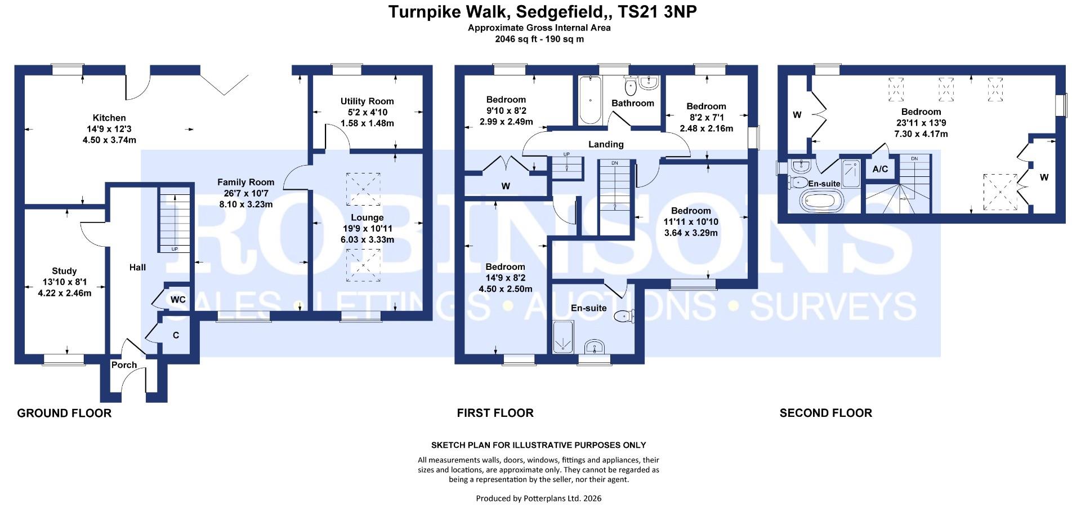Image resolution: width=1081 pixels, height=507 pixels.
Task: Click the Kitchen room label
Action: (109, 118)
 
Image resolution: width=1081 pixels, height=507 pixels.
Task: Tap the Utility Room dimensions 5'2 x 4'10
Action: (367, 112)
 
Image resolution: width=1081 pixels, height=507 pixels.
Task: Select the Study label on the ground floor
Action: (64, 271)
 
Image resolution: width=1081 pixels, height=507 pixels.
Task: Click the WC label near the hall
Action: (178, 300)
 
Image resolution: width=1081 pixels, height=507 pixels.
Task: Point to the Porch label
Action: (124, 365)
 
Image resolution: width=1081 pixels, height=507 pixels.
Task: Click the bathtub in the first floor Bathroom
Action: (590, 100)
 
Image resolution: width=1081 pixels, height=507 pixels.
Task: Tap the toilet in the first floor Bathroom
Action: (630, 87)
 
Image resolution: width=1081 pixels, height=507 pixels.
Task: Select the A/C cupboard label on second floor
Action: (880, 169)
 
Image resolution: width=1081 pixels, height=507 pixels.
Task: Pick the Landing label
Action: (606, 144)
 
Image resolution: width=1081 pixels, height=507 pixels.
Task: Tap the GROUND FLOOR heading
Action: (64, 413)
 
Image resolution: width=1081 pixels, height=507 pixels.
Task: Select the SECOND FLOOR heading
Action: (825, 413)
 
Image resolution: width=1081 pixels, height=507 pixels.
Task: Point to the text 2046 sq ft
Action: (516, 39)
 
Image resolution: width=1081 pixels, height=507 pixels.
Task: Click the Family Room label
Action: (245, 182)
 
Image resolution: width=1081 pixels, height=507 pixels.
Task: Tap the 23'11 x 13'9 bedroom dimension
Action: (921, 123)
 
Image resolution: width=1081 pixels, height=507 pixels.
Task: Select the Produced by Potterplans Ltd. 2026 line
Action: (538, 498)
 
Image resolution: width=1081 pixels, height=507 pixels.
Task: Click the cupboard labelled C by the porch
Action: (176, 335)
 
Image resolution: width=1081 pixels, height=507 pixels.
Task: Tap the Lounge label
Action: (367, 217)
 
